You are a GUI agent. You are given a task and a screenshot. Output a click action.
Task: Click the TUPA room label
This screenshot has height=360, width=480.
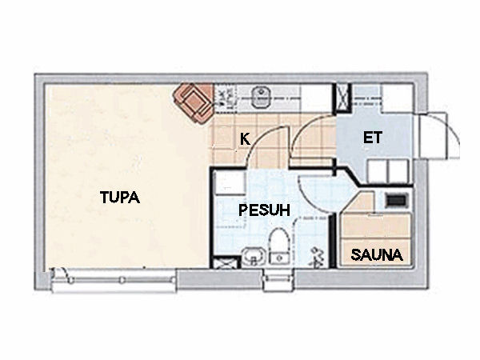point(120,197)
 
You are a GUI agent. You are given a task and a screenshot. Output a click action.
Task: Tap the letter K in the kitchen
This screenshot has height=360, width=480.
point(245,139)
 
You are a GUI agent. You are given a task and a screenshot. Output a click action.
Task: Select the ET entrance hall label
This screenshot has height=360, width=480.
point(372,138)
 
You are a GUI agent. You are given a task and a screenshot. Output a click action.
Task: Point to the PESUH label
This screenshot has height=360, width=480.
point(264,210)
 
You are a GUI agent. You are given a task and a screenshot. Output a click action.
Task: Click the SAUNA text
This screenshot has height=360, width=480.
point(376,254)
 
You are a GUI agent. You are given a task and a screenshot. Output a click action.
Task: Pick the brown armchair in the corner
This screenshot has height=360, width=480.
point(193,103)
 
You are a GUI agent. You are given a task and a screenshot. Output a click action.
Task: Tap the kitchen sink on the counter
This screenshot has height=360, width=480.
point(261,97)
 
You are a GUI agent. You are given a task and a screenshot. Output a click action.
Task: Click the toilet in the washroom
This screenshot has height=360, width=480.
point(279,246)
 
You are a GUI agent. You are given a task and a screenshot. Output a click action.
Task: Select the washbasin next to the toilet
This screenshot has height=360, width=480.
point(253,256)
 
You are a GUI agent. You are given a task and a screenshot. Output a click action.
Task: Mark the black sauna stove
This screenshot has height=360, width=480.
point(397,201)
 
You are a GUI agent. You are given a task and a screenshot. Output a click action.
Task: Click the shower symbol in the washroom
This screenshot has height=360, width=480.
point(318,257)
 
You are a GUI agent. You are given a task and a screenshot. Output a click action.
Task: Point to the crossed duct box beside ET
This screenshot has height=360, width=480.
point(342,98)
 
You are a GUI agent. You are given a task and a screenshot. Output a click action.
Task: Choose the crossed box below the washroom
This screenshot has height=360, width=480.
point(226,262)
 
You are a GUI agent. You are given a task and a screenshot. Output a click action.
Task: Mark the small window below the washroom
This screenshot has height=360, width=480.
point(279,279)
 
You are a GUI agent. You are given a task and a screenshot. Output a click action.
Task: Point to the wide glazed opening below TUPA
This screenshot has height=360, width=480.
point(114,280)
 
